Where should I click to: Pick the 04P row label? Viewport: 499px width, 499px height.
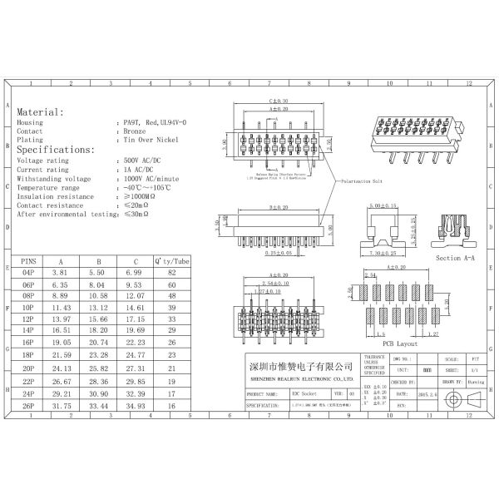click(29, 273)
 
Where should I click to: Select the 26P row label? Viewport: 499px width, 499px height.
click(29, 407)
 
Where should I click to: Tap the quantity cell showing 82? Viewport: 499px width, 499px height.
click(172, 273)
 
